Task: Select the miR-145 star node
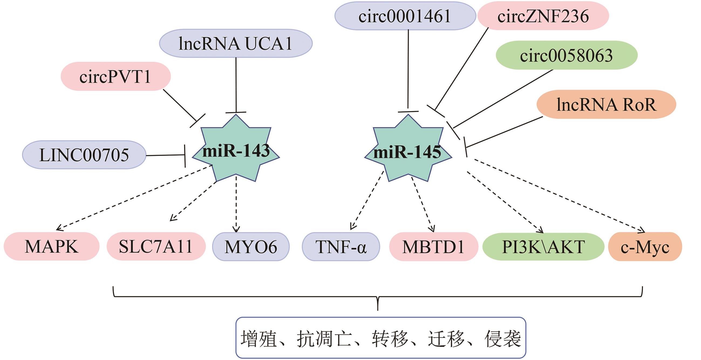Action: (408, 151)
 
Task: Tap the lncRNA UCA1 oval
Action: (236, 43)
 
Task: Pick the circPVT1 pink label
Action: (115, 76)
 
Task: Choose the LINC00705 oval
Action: (84, 155)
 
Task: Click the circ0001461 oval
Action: (405, 16)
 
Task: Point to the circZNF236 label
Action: (543, 16)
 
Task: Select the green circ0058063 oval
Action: (566, 55)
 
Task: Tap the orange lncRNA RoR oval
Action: (606, 104)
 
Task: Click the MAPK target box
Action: (52, 247)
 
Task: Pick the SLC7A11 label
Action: (156, 247)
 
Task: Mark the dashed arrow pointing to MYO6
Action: (236, 204)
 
